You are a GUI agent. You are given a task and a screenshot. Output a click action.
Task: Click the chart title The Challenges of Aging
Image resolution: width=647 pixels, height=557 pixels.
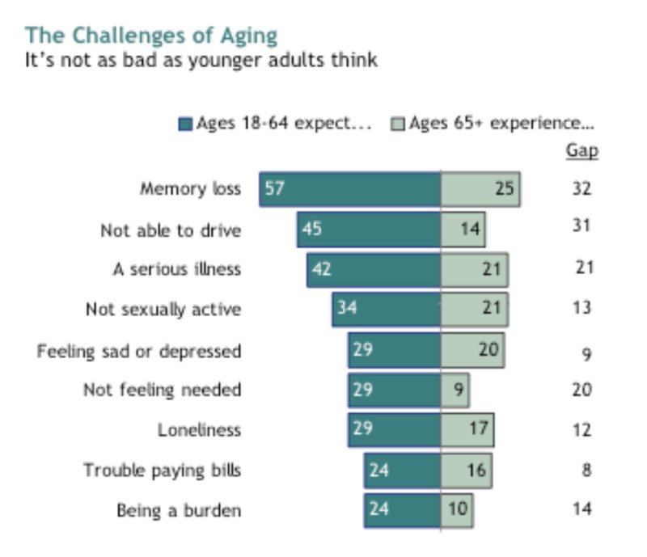[151, 36]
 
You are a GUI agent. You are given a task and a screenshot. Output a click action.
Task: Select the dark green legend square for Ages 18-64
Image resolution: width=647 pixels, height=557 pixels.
[184, 124]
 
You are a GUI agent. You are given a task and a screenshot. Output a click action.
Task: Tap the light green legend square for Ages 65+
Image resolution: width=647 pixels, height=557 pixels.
[397, 124]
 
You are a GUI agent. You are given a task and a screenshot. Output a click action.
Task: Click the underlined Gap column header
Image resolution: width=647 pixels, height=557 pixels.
[582, 151]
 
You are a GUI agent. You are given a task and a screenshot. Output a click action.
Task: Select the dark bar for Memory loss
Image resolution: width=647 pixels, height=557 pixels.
[349, 189]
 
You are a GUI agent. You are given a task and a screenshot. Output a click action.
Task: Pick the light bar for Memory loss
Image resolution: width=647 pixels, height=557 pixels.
[480, 189]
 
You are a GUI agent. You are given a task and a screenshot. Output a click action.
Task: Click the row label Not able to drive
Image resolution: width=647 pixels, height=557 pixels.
[171, 230]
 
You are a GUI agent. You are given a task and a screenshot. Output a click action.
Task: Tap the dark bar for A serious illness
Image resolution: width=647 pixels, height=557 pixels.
[374, 269]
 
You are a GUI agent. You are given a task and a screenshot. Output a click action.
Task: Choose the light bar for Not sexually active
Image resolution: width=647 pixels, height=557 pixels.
[474, 309]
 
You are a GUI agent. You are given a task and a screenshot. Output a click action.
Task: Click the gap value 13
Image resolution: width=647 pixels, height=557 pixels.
[582, 308]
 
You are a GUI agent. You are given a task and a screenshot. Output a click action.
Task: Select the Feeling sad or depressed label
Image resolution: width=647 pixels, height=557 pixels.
[139, 352]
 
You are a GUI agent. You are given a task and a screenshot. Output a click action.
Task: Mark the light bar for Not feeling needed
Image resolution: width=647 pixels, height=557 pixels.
[455, 390]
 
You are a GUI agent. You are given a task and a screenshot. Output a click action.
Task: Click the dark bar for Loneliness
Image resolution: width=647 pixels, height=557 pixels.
[395, 429]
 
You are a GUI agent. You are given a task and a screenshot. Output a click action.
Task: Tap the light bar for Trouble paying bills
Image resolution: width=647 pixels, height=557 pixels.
[466, 470]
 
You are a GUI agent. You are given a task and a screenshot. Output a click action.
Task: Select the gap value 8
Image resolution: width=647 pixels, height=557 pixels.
[586, 470]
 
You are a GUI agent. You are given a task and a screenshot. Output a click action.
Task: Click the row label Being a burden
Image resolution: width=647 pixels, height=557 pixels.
[179, 511]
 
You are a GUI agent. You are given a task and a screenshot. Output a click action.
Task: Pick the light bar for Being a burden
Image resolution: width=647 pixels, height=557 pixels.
[456, 510]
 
